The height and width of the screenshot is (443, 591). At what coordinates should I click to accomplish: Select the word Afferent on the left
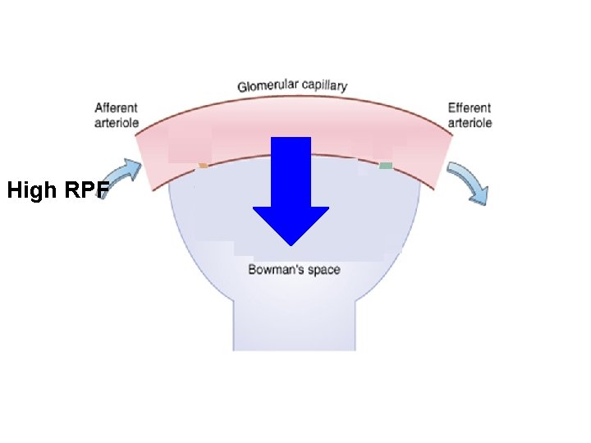pos(116,107)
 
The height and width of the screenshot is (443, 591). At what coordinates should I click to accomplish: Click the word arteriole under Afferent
pos(117,122)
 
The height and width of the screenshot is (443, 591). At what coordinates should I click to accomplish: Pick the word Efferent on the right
pos(470,107)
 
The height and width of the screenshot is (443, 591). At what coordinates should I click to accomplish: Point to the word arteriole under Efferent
pos(470,122)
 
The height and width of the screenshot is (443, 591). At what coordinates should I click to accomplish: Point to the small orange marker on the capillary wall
pos(202,166)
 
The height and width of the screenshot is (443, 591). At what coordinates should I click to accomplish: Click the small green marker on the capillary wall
pos(385,166)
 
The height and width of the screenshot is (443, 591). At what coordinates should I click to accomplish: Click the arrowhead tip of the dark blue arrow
pos(291,243)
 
